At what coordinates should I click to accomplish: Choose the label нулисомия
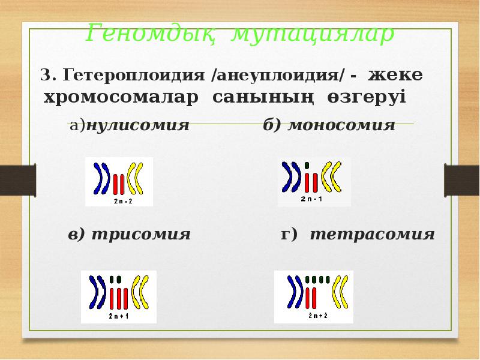(x=137, y=125)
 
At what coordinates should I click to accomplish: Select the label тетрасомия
(x=372, y=234)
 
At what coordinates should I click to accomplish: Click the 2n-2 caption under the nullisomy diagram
(x=119, y=202)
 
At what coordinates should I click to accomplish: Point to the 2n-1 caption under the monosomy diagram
(x=313, y=199)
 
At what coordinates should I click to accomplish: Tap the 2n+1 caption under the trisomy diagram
(x=118, y=315)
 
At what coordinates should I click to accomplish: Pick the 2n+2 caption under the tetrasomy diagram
(x=313, y=315)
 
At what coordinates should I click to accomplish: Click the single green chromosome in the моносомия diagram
(x=307, y=164)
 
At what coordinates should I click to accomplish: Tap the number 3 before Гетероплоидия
(x=44, y=76)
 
